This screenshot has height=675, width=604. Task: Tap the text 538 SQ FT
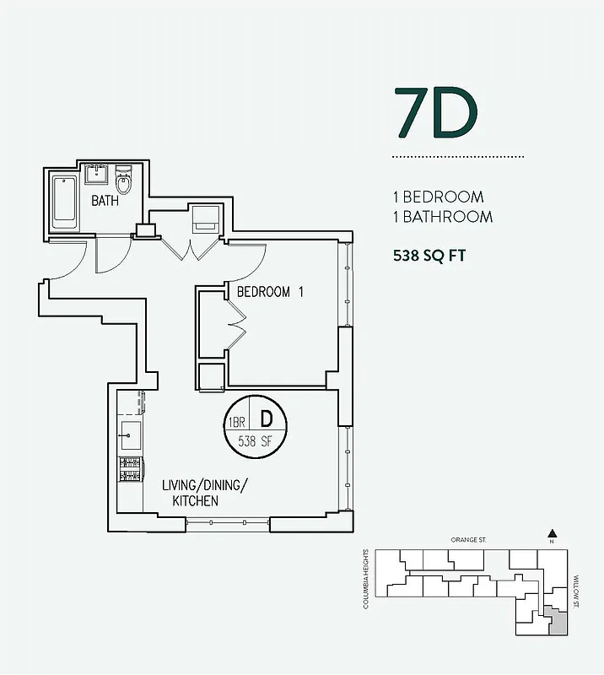point(429,256)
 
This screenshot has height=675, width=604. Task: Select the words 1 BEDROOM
point(439,197)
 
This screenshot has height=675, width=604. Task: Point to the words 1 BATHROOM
point(443,217)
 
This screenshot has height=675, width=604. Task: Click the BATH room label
point(105,201)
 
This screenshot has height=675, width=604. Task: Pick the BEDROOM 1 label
point(269,292)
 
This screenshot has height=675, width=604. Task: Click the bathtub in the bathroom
point(65,202)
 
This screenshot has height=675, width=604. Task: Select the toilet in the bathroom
point(124,179)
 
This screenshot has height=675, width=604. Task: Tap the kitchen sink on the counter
point(130,437)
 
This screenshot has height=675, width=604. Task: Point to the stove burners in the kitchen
point(131,470)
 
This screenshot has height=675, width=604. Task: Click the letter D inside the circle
point(265,418)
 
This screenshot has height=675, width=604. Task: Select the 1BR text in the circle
point(235,421)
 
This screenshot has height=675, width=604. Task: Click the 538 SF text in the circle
point(256,441)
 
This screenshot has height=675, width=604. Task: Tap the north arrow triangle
point(552,532)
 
